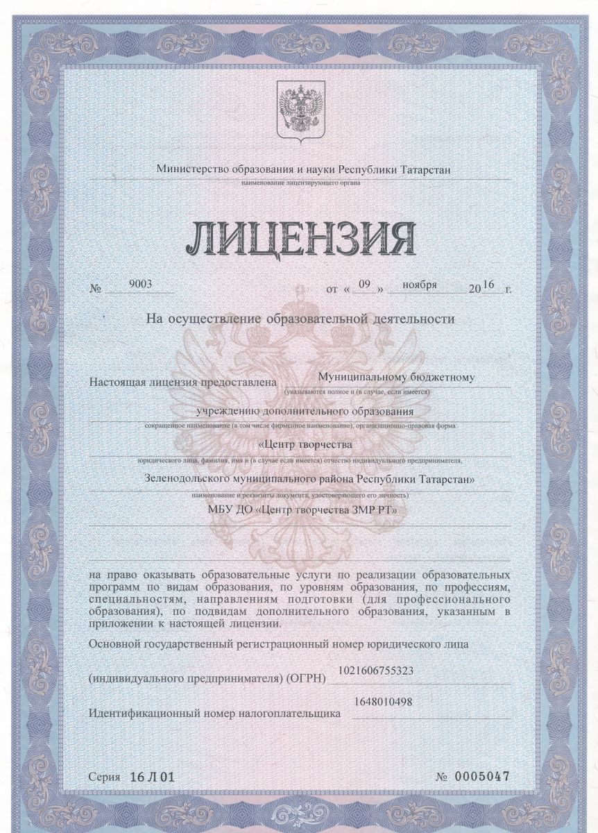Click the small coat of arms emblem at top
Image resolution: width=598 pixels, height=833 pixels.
[x=297, y=110]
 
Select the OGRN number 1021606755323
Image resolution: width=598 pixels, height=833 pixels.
[x=376, y=671]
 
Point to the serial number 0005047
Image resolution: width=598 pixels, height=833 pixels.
[x=481, y=775]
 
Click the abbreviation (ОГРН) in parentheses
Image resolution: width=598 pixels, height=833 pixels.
[x=305, y=678]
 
